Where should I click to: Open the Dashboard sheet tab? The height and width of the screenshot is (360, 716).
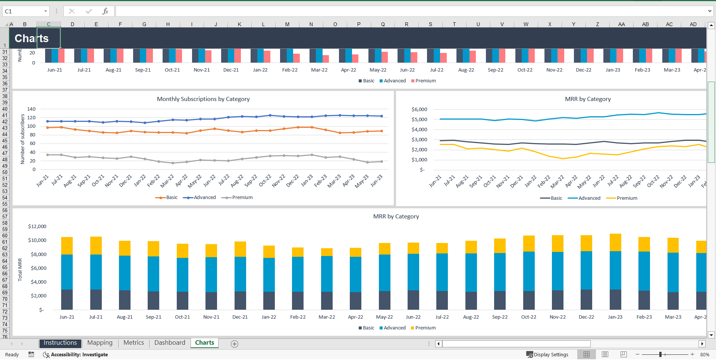[170, 343]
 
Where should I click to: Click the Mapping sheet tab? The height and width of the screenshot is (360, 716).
[100, 343]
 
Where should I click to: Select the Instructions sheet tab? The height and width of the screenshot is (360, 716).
[60, 343]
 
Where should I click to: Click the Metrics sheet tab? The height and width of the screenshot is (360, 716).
[134, 343]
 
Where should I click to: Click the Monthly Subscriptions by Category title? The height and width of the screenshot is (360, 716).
[203, 99]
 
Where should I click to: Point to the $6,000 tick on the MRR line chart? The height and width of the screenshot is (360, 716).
[419, 110]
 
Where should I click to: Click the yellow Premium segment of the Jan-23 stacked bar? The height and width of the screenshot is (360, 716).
[615, 242]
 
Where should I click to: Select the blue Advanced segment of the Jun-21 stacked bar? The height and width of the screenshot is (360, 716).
[67, 272]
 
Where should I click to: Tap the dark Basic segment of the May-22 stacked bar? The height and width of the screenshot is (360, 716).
[384, 300]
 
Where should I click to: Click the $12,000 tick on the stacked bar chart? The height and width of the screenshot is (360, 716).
[37, 227]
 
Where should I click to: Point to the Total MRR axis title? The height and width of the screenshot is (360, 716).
[20, 269]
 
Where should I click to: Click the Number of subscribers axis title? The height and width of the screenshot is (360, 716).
[22, 139]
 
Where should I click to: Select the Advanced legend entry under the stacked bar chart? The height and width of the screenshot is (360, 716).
[394, 328]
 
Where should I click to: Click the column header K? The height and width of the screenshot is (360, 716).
[239, 24]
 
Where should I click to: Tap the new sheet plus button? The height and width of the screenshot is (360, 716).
[234, 344]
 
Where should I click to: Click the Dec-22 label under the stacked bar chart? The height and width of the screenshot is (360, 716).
[586, 317]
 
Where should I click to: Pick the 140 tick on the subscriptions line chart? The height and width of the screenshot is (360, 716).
[31, 109]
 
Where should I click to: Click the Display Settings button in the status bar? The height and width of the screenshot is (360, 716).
[547, 354]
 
